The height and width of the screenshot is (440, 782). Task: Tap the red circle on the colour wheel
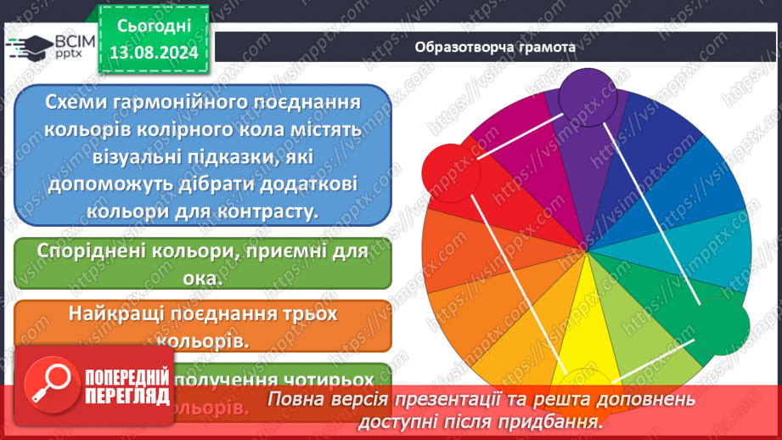click(450, 173)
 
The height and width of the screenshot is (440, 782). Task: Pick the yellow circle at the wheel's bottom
click(582, 382)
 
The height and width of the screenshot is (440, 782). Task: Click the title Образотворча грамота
click(496, 48)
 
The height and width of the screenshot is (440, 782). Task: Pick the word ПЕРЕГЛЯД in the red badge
click(126, 397)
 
